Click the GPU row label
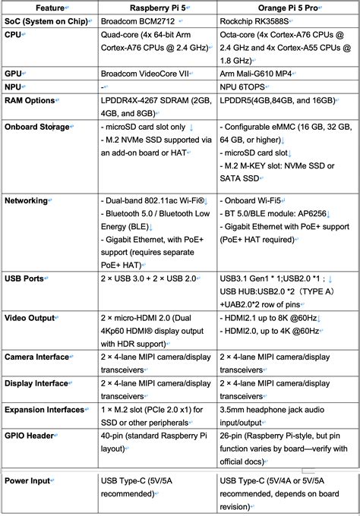(14, 75)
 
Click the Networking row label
(27, 200)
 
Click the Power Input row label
(28, 480)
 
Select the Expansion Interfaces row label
(45, 409)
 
